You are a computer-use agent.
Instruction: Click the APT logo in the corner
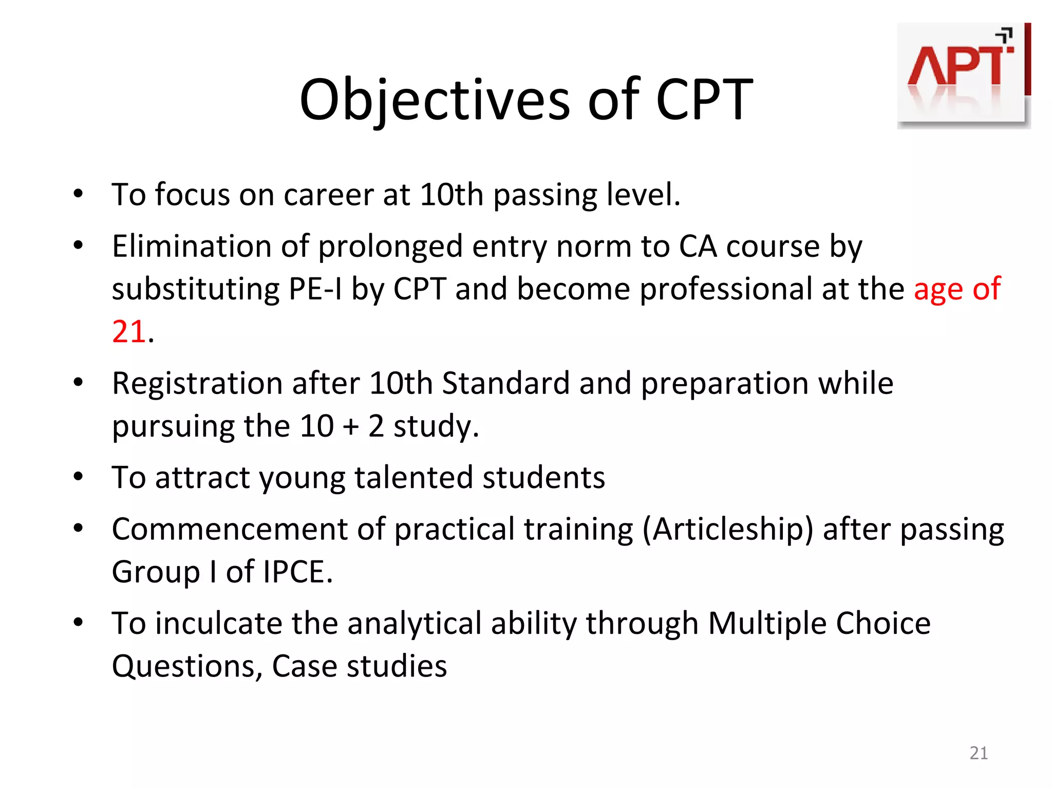tap(963, 76)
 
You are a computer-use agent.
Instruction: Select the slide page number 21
tap(979, 753)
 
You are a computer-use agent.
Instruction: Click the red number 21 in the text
tap(128, 331)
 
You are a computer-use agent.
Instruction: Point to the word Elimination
tap(192, 246)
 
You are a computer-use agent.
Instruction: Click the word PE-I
tap(315, 289)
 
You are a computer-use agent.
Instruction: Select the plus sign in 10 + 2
tap(351, 426)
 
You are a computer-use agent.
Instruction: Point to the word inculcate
tap(219, 624)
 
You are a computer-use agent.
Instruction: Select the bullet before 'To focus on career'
tap(78, 194)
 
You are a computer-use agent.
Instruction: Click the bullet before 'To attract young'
tap(78, 477)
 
